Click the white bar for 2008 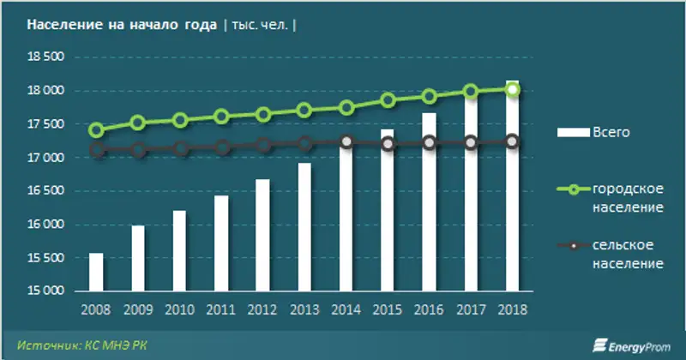point(96,273)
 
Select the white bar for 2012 point(262,236)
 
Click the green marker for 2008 point(96,130)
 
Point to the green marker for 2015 point(388,99)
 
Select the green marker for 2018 point(512,89)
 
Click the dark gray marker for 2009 point(138,151)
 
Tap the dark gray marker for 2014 point(346,142)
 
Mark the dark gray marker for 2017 point(471,142)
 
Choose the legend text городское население point(627,199)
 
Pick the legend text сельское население point(627,255)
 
